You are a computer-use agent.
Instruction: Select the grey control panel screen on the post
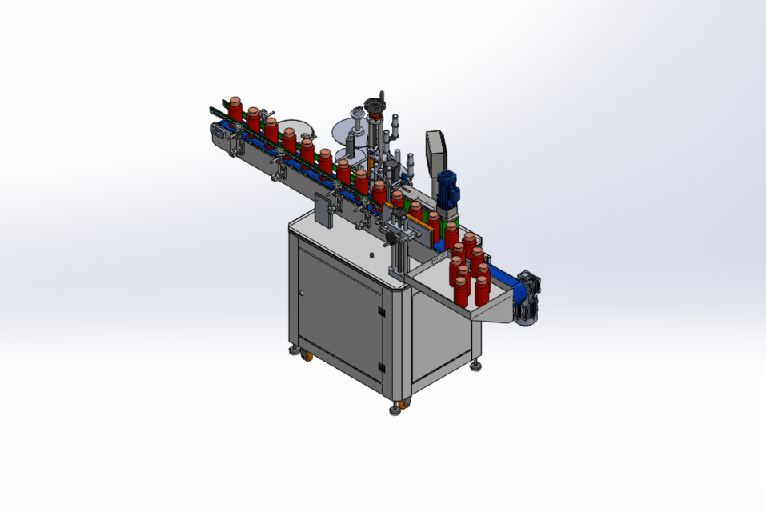click(437, 151)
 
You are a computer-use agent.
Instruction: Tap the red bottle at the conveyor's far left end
click(235, 108)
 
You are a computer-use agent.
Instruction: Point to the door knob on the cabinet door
click(302, 294)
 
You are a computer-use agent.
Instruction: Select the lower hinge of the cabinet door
click(381, 367)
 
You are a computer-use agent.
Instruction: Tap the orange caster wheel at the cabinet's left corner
click(307, 356)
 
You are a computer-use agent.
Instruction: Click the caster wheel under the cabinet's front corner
click(398, 409)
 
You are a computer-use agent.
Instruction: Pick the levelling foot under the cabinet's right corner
click(476, 366)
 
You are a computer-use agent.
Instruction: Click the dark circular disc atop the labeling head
click(374, 104)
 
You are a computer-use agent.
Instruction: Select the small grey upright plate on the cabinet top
click(324, 210)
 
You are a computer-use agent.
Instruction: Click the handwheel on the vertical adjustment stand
click(390, 235)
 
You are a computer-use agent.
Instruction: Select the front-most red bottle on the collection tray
click(462, 292)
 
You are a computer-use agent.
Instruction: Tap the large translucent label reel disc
click(348, 130)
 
